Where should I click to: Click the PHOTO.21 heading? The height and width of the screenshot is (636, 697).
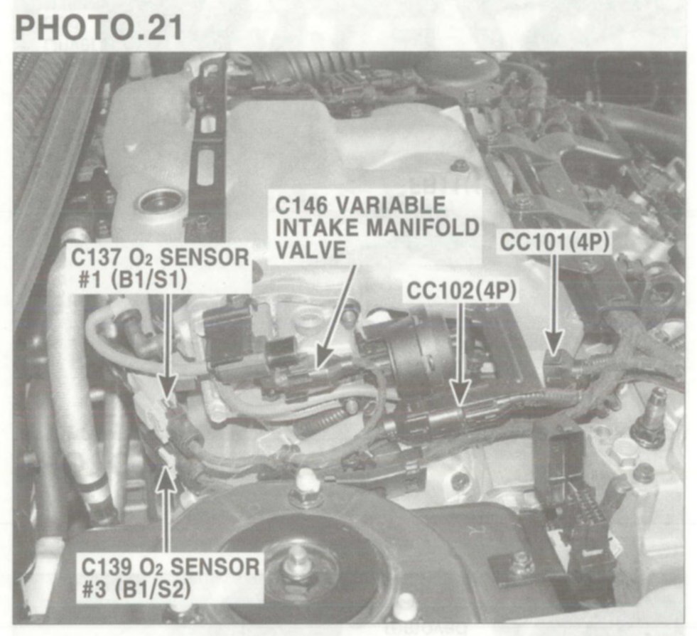[99, 27]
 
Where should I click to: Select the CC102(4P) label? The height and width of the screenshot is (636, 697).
[461, 291]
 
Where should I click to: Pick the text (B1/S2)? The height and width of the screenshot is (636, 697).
[153, 589]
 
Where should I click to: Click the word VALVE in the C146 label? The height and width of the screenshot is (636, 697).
[310, 249]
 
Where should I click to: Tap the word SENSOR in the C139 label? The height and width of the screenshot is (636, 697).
[215, 567]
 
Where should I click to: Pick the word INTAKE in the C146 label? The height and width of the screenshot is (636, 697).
[318, 228]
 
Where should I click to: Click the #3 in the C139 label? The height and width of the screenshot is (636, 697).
[96, 589]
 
